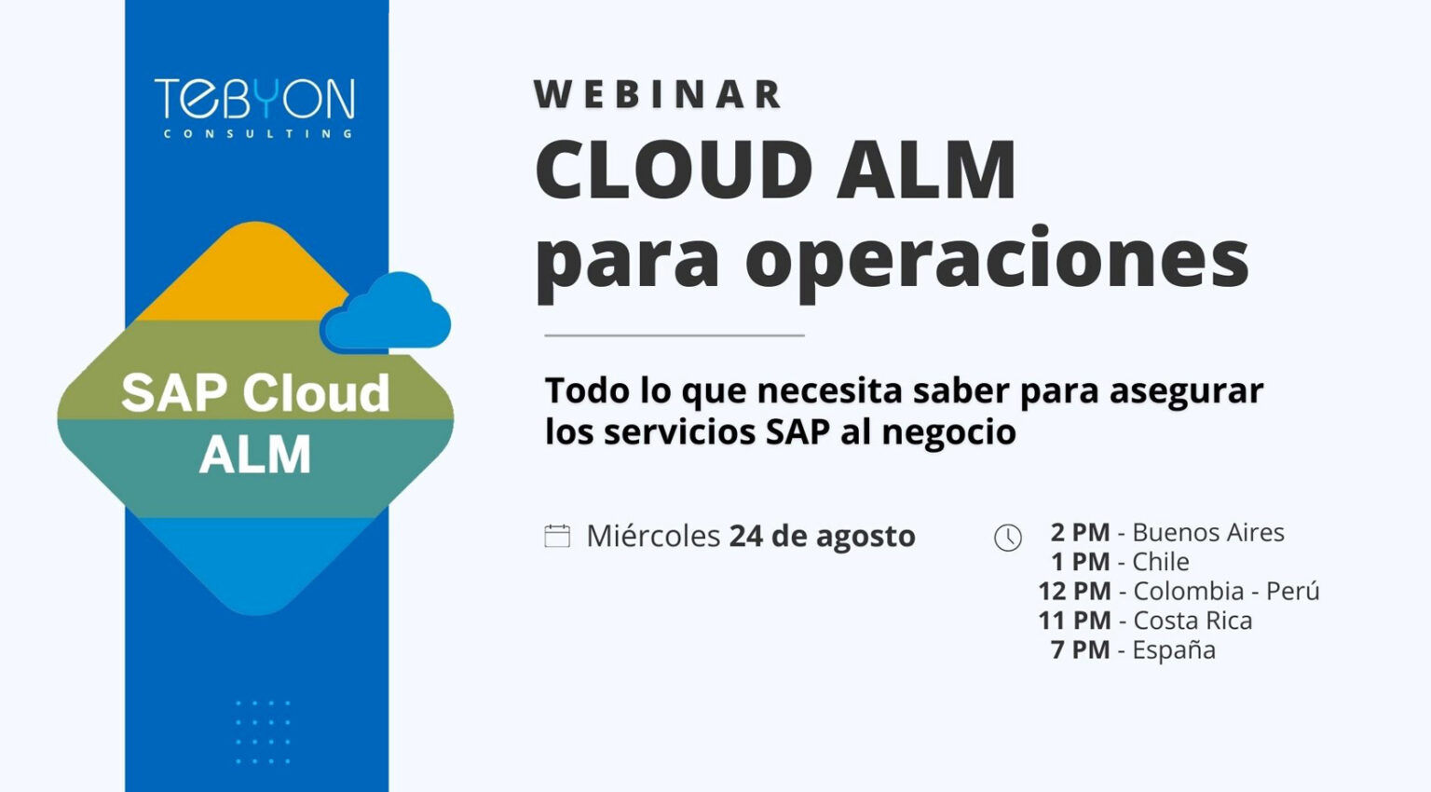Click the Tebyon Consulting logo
[x=254, y=108]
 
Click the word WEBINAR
[x=658, y=95]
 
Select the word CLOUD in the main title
[x=674, y=171]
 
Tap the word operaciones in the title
[x=997, y=259]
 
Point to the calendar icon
[x=557, y=536]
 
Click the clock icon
[x=1008, y=538]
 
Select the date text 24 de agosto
[x=822, y=536]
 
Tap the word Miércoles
[x=653, y=536]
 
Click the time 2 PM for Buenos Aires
[x=1080, y=532]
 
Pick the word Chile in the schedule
[x=1160, y=562]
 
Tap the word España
[x=1173, y=649]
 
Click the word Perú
[x=1292, y=591]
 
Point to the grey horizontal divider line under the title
[x=674, y=335]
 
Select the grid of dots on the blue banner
[x=263, y=732]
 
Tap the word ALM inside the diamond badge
[x=255, y=455]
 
